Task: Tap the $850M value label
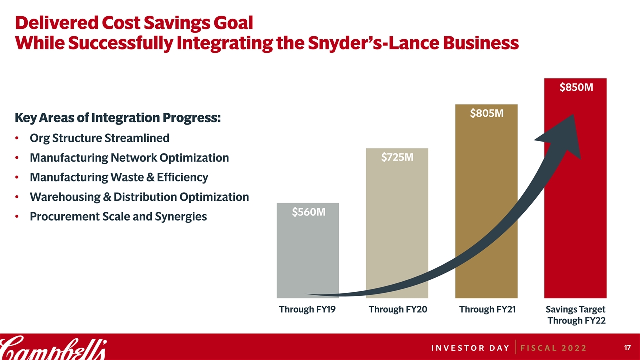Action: click(576, 88)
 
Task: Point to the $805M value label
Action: click(486, 114)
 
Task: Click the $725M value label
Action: click(397, 158)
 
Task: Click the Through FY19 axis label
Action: click(307, 310)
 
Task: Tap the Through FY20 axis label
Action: click(398, 310)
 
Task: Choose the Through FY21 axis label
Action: click(487, 310)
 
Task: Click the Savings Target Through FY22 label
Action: click(576, 315)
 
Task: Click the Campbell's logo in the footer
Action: click(52, 347)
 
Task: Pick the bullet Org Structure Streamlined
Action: click(99, 138)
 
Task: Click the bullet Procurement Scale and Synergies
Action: click(118, 217)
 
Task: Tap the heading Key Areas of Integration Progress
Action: click(118, 118)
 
